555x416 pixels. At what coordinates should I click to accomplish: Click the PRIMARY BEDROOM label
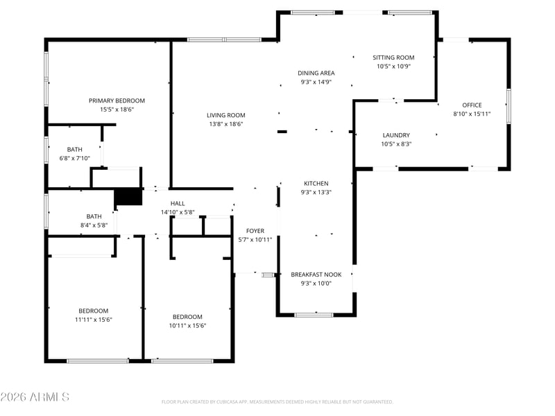tap(117, 101)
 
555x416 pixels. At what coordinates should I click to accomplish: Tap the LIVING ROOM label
tap(226, 115)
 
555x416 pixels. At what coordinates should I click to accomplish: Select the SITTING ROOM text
tap(393, 58)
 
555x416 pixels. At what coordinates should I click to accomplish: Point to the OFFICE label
tap(472, 105)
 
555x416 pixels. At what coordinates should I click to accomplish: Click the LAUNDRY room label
tap(396, 135)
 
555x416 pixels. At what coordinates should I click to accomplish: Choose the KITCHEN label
tap(316, 184)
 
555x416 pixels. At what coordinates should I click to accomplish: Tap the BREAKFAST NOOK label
tap(316, 275)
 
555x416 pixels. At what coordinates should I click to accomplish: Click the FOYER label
tap(255, 231)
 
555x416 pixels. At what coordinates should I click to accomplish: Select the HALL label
tap(178, 203)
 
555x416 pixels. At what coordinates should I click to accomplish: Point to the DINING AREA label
tap(316, 73)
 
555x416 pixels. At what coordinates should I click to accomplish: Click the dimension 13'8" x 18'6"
tap(226, 124)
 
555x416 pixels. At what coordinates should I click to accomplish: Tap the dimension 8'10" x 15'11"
tap(472, 114)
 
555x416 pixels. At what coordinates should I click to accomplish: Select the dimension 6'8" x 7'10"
tap(75, 159)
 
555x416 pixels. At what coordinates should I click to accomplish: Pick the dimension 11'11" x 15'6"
tap(94, 320)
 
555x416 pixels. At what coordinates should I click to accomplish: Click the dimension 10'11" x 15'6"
tap(187, 326)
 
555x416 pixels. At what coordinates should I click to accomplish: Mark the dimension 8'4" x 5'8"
tap(94, 225)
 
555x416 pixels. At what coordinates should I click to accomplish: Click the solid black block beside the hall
tap(128, 197)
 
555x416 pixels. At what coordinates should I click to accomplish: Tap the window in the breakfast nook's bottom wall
tap(314, 315)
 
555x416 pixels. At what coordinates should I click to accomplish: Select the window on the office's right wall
tap(509, 106)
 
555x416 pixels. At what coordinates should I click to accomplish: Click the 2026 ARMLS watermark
tap(35, 397)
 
